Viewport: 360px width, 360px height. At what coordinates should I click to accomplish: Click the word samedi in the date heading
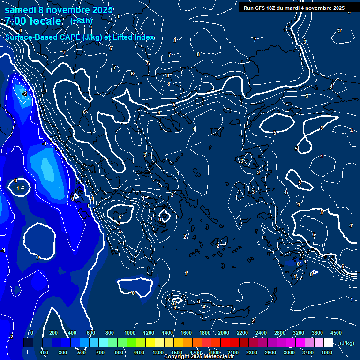[x=21, y=10]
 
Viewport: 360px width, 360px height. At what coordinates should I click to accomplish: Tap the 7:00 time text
[x=17, y=21]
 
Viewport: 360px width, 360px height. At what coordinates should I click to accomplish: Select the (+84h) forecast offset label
[x=81, y=21]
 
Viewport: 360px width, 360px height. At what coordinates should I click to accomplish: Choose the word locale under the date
[x=45, y=21]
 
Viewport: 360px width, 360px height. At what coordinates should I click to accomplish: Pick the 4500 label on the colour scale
[x=336, y=333]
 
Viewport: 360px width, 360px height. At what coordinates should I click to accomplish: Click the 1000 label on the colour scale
[x=130, y=333]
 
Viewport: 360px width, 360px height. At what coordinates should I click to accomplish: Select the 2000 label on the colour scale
[x=224, y=333]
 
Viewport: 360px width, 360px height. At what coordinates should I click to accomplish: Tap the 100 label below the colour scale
[x=45, y=352]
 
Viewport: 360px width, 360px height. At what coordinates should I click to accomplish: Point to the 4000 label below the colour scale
[x=327, y=352]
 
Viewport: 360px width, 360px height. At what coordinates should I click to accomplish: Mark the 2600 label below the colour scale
[x=270, y=352]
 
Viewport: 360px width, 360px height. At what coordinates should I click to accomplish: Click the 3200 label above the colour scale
[x=299, y=333]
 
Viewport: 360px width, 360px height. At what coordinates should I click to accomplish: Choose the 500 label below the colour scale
[x=82, y=352]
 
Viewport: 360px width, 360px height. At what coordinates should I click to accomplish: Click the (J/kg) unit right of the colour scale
[x=346, y=344]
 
